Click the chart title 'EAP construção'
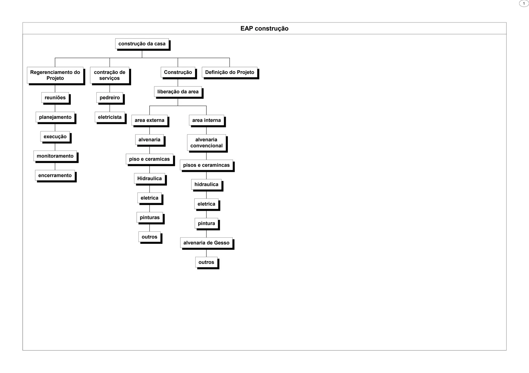(x=264, y=28)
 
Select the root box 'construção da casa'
(x=142, y=44)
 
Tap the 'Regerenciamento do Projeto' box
(x=55, y=75)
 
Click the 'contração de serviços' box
(x=110, y=75)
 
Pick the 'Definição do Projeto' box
(x=229, y=72)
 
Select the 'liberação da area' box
(x=178, y=92)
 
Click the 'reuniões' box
(x=55, y=97)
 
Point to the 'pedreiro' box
(x=110, y=97)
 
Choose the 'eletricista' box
(x=110, y=117)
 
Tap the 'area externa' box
(x=149, y=120)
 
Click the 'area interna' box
(x=206, y=120)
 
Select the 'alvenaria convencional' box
(x=206, y=143)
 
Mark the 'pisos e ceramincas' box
(x=206, y=165)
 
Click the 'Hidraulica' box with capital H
(x=149, y=178)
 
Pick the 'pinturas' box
(x=150, y=217)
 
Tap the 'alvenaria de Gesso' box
(x=206, y=243)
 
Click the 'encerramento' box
(x=55, y=175)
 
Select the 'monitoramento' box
(x=55, y=156)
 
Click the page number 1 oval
(x=524, y=4)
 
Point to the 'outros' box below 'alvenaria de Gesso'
(x=206, y=262)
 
